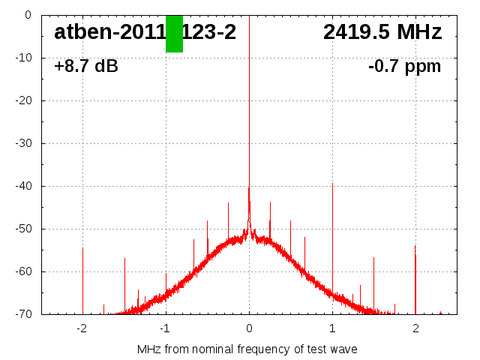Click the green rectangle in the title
point(174,34)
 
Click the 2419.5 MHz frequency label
point(382,32)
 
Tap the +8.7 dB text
point(86,67)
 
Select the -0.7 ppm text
point(404,67)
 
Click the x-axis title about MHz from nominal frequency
point(247,349)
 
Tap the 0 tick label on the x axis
point(249,328)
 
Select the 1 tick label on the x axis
point(332,328)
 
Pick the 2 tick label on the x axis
point(415,328)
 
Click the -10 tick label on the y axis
point(22,58)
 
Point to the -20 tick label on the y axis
point(22,100)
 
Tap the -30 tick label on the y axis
point(22,143)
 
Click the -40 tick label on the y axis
point(22,186)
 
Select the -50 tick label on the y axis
point(22,229)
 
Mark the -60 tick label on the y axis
point(22,271)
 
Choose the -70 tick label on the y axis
point(22,314)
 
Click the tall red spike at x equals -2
point(82,277)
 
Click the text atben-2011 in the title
point(109,32)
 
